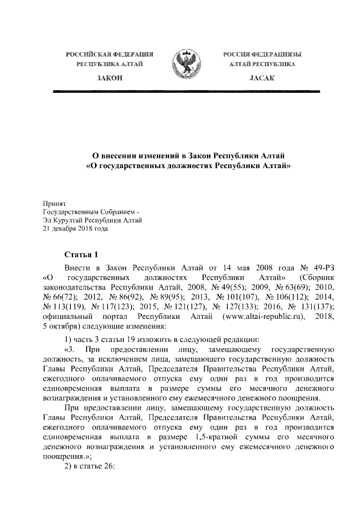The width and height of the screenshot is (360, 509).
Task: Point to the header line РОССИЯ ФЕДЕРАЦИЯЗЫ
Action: (262, 54)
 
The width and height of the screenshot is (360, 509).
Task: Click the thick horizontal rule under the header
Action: (188, 91)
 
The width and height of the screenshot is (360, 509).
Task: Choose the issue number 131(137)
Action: (318, 308)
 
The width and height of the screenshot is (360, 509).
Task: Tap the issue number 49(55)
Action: (223, 288)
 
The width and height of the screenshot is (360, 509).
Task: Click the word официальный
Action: (69, 318)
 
